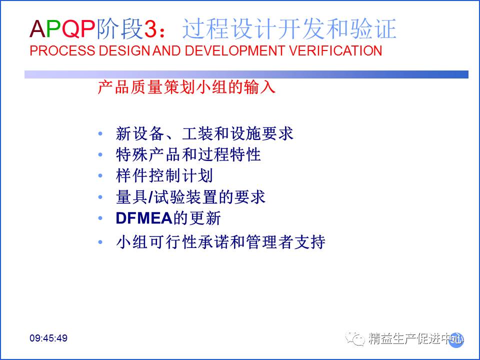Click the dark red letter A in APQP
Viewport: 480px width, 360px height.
pos(37,29)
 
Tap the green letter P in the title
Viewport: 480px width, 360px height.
pos(54,29)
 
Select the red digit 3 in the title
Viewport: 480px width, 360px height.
pos(150,29)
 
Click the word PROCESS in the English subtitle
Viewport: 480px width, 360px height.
pos(62,51)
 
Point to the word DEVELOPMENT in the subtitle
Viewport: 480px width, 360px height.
pos(235,51)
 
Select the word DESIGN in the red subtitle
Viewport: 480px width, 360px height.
pos(124,51)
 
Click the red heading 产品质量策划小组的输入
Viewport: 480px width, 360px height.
pos(186,87)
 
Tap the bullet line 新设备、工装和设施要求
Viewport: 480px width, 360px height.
pos(204,133)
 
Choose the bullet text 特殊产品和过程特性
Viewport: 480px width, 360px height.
pos(188,154)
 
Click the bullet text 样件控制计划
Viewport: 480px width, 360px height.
pos(164,175)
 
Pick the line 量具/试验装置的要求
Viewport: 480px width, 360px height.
pos(190,197)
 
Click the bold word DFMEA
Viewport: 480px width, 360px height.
pos(144,218)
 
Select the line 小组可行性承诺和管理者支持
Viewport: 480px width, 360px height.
pos(220,242)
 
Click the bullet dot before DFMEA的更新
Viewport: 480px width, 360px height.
pos(100,218)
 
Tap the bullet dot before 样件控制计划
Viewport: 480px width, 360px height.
pos(100,175)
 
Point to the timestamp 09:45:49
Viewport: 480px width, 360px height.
pos(48,338)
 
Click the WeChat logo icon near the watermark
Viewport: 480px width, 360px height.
pos(355,338)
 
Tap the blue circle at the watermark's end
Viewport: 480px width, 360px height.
pos(456,340)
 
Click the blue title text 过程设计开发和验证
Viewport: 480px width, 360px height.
pos(289,29)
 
